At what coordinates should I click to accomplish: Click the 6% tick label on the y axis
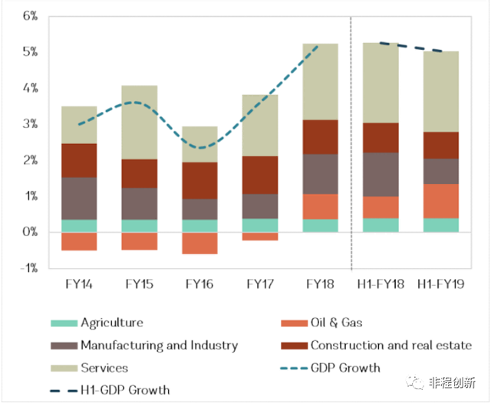[x=28, y=16]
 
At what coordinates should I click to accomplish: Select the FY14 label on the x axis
[x=78, y=284]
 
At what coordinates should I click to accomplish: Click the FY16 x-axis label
[x=200, y=284]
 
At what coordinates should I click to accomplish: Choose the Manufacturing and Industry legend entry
[x=159, y=346]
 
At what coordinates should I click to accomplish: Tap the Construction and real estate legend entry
[x=390, y=346]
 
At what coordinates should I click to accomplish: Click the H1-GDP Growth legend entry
[x=124, y=390]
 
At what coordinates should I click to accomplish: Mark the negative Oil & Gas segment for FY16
[x=200, y=243]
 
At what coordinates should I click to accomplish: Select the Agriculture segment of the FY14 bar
[x=78, y=226]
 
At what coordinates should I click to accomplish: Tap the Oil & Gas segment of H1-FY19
[x=440, y=201]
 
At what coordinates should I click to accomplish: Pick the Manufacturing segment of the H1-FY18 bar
[x=381, y=175]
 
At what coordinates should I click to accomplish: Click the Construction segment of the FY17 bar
[x=260, y=175]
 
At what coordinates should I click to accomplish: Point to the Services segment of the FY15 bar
[x=139, y=122]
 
